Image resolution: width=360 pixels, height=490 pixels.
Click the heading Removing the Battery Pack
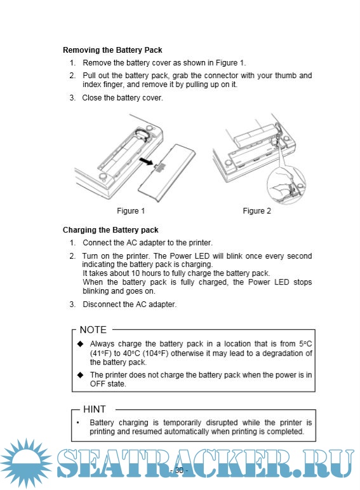coord(112,50)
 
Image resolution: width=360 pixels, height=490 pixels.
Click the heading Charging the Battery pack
coord(110,230)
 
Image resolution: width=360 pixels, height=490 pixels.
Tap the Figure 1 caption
coord(131,211)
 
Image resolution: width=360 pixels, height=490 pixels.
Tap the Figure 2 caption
coord(257,211)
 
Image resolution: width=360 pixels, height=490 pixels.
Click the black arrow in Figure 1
coord(146,161)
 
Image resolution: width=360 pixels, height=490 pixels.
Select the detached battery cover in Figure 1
coord(167,170)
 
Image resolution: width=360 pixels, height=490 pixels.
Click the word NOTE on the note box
coord(93,330)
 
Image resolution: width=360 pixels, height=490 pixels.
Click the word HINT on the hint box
coord(95,409)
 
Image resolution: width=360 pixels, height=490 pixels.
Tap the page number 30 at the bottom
coord(179,470)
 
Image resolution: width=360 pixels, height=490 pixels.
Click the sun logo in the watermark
coord(26,463)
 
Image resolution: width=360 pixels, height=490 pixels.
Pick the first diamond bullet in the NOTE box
coord(81,344)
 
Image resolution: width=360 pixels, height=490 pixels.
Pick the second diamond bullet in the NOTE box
coord(81,375)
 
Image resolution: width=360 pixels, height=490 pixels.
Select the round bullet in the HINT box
coord(78,423)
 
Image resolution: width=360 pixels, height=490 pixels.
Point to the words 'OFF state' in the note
coord(108,384)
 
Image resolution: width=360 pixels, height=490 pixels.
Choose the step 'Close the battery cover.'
coord(123,98)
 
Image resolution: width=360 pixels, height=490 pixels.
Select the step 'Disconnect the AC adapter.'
coord(130,304)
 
